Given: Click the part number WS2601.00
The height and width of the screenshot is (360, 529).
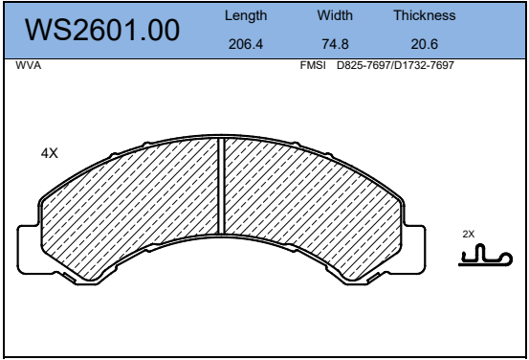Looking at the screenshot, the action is point(102,30).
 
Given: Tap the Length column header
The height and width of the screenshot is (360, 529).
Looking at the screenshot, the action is point(246,16).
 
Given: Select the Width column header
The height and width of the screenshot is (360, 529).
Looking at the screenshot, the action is point(335,15).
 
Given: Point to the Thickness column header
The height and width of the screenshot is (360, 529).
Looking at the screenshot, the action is point(425,15).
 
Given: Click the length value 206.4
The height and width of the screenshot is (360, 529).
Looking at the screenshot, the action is point(245,44).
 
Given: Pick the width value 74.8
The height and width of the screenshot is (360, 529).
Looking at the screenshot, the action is point(335,44).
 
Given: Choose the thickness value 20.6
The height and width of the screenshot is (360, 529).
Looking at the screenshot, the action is point(425,44).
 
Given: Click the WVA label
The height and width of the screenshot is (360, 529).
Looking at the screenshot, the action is point(29,65).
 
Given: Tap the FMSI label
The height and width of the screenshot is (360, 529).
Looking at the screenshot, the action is point(313,65).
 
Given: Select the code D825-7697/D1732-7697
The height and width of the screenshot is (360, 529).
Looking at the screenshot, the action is point(395,65).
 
